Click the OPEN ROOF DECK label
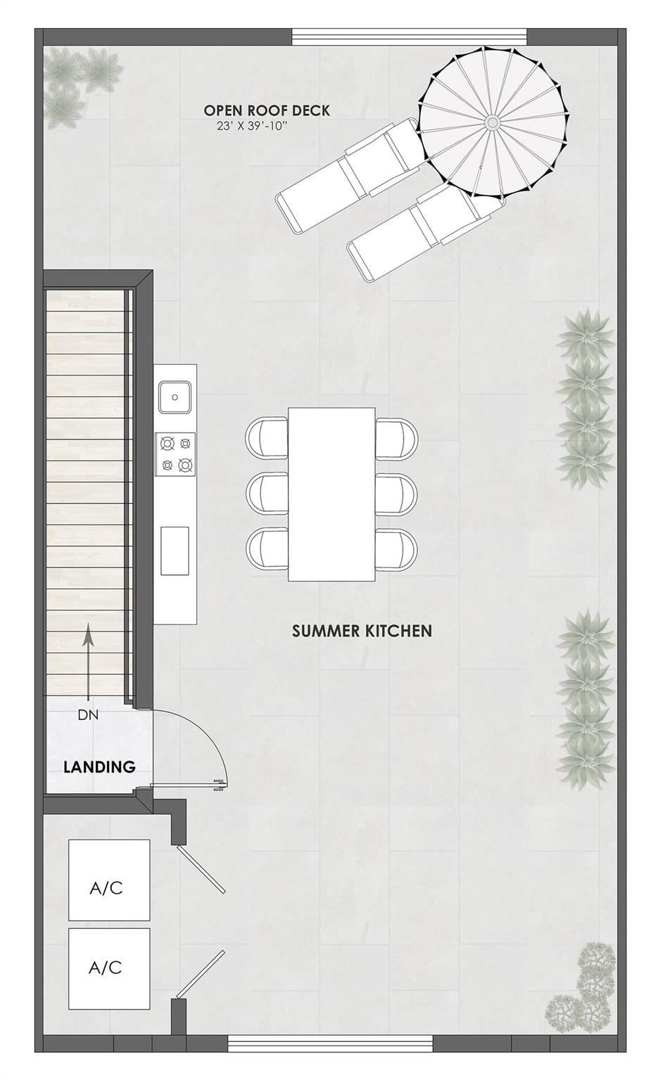267,110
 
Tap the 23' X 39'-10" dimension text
253,127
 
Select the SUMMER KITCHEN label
362,631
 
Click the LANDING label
99,766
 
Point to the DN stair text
88,714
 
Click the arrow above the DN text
88,662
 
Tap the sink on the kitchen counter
175,397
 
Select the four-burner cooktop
175,454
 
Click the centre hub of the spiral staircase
492,122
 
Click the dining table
332,494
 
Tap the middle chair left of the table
267,494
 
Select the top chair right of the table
396,439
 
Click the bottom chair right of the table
396,549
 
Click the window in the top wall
410,37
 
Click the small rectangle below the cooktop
175,551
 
